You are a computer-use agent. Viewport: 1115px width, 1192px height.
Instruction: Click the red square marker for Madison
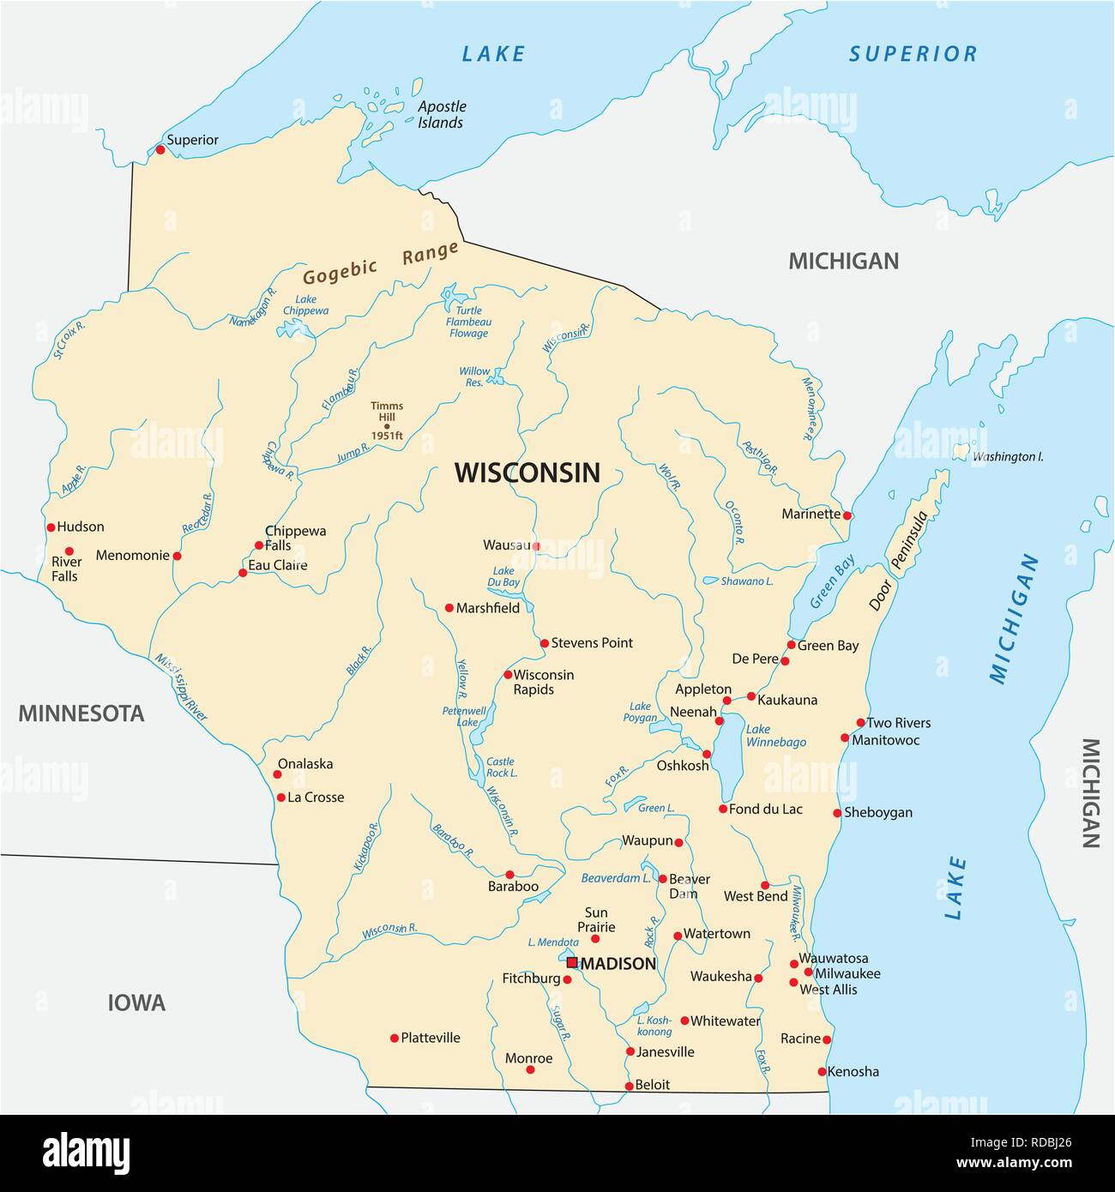[572, 962]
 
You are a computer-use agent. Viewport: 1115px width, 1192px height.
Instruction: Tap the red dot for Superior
[160, 149]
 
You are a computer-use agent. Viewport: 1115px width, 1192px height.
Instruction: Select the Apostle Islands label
[441, 114]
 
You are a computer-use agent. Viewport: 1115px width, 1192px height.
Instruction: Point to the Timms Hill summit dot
[387, 426]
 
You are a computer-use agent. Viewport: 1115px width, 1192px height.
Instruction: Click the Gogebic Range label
[380, 264]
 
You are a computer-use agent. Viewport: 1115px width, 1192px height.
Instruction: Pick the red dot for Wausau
[536, 545]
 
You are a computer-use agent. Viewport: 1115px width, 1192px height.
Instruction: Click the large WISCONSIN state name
[527, 473]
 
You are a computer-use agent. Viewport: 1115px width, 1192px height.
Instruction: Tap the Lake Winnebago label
[775, 736]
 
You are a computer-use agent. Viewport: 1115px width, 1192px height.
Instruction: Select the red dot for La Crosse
[280, 798]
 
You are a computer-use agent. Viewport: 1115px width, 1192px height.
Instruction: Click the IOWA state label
[136, 1002]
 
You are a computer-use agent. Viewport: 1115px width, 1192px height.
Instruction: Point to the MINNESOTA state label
[81, 713]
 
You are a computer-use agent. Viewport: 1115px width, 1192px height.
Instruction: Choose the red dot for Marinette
[847, 515]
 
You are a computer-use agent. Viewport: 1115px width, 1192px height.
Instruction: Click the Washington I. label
[1007, 457]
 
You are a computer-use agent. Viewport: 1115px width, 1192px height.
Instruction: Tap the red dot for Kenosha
[822, 1072]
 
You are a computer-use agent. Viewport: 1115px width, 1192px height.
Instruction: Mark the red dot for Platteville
[395, 1038]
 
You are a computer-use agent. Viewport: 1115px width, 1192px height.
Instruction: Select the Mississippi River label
[181, 688]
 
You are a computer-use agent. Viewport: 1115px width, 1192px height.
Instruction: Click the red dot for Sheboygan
[837, 813]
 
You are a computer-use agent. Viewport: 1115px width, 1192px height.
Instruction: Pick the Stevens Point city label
[592, 642]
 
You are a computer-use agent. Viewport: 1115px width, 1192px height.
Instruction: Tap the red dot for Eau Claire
[243, 572]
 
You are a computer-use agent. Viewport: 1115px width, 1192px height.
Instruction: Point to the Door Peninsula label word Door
[880, 594]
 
